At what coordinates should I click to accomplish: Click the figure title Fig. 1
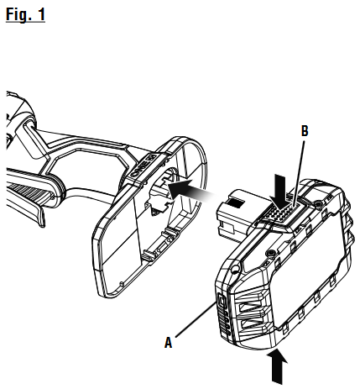click(25, 14)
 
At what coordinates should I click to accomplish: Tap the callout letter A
click(168, 343)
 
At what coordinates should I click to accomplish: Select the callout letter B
click(305, 131)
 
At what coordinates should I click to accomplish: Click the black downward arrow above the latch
click(279, 191)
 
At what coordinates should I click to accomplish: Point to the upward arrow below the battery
click(277, 366)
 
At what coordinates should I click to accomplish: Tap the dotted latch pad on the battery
click(282, 213)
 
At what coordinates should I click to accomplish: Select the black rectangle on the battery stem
click(236, 203)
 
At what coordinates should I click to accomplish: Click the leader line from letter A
click(196, 319)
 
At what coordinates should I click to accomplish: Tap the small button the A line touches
click(222, 301)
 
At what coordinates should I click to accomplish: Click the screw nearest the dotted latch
click(318, 205)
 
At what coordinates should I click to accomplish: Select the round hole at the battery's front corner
click(235, 268)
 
